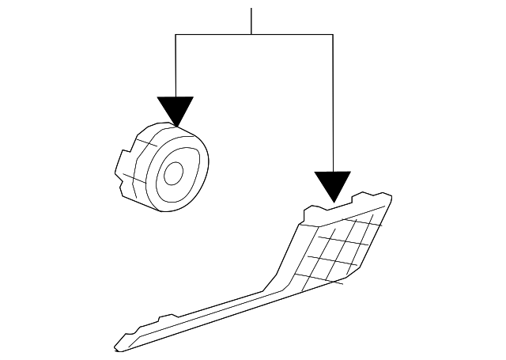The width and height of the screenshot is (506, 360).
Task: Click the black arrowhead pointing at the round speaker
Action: coord(175,110)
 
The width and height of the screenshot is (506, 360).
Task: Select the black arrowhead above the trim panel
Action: coord(332,184)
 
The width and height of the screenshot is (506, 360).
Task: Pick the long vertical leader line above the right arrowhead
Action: coord(332,103)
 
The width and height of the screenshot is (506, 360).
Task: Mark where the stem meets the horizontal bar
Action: coord(251,35)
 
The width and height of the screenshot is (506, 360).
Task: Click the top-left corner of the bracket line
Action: coord(175,35)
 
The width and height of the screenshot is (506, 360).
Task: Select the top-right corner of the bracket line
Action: coord(332,35)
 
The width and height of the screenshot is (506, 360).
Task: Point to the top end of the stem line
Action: coord(251,9)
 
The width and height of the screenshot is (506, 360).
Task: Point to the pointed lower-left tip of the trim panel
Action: coord(116,348)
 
